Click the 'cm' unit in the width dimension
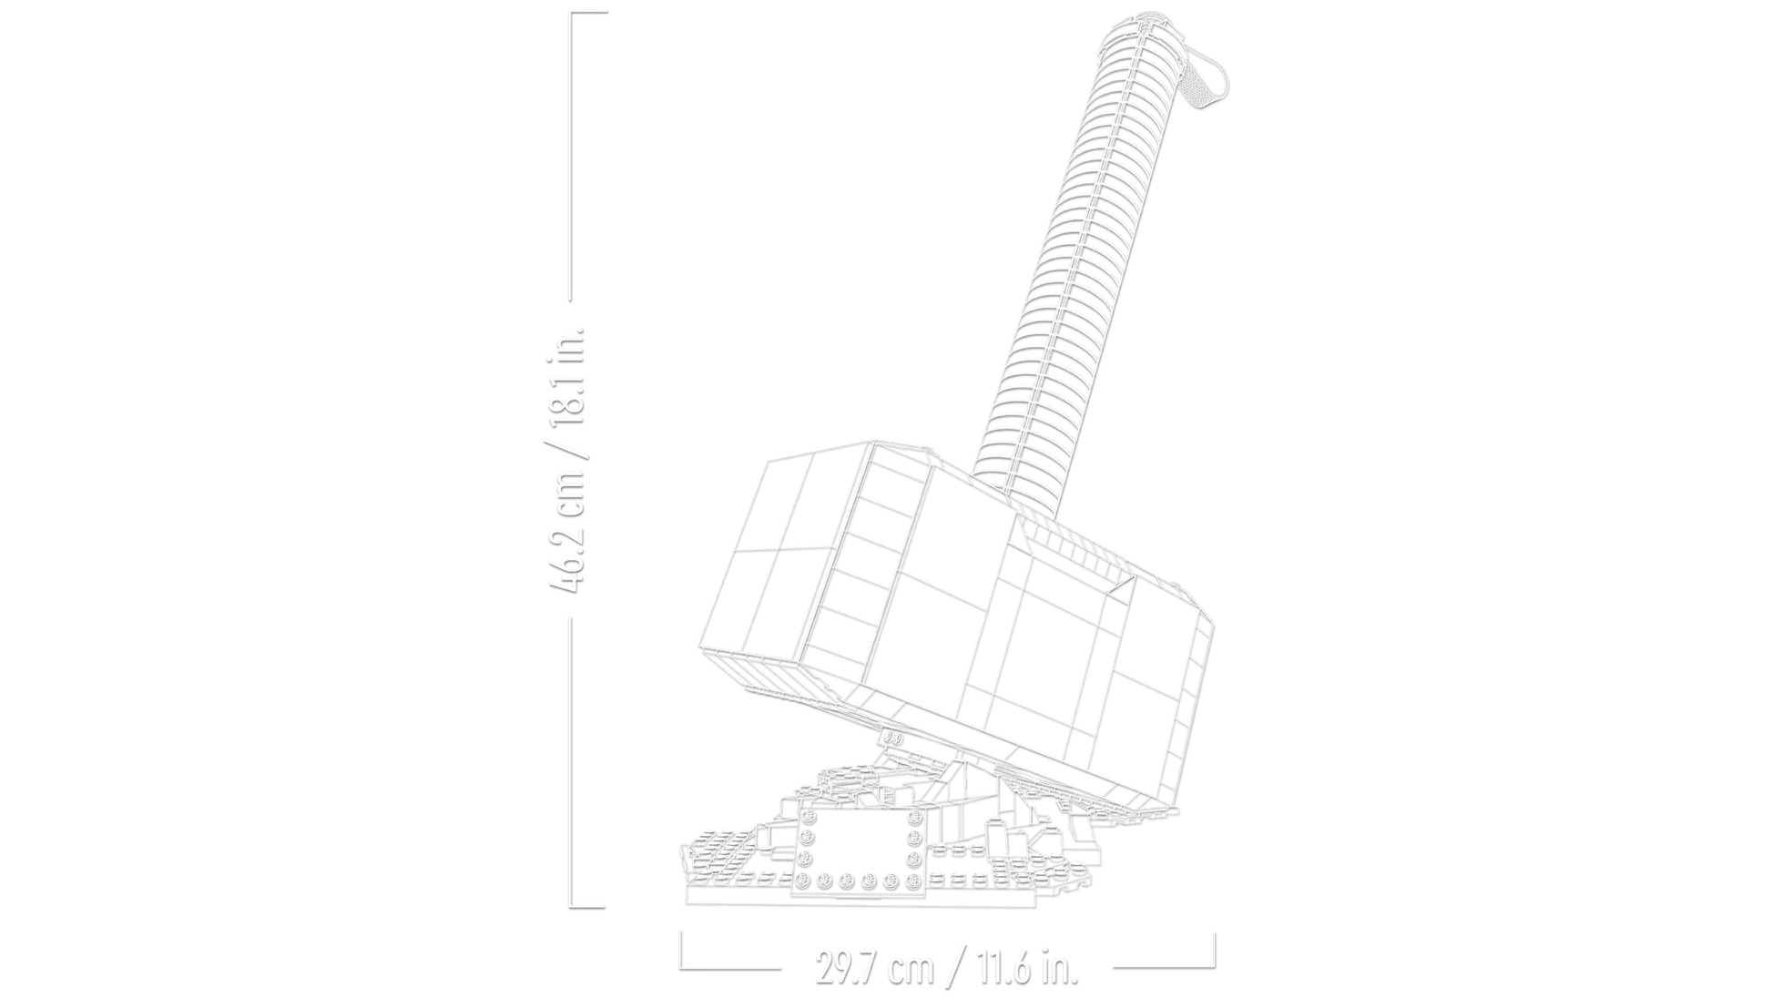913,971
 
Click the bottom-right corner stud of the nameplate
913,881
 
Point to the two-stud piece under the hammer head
892,739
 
